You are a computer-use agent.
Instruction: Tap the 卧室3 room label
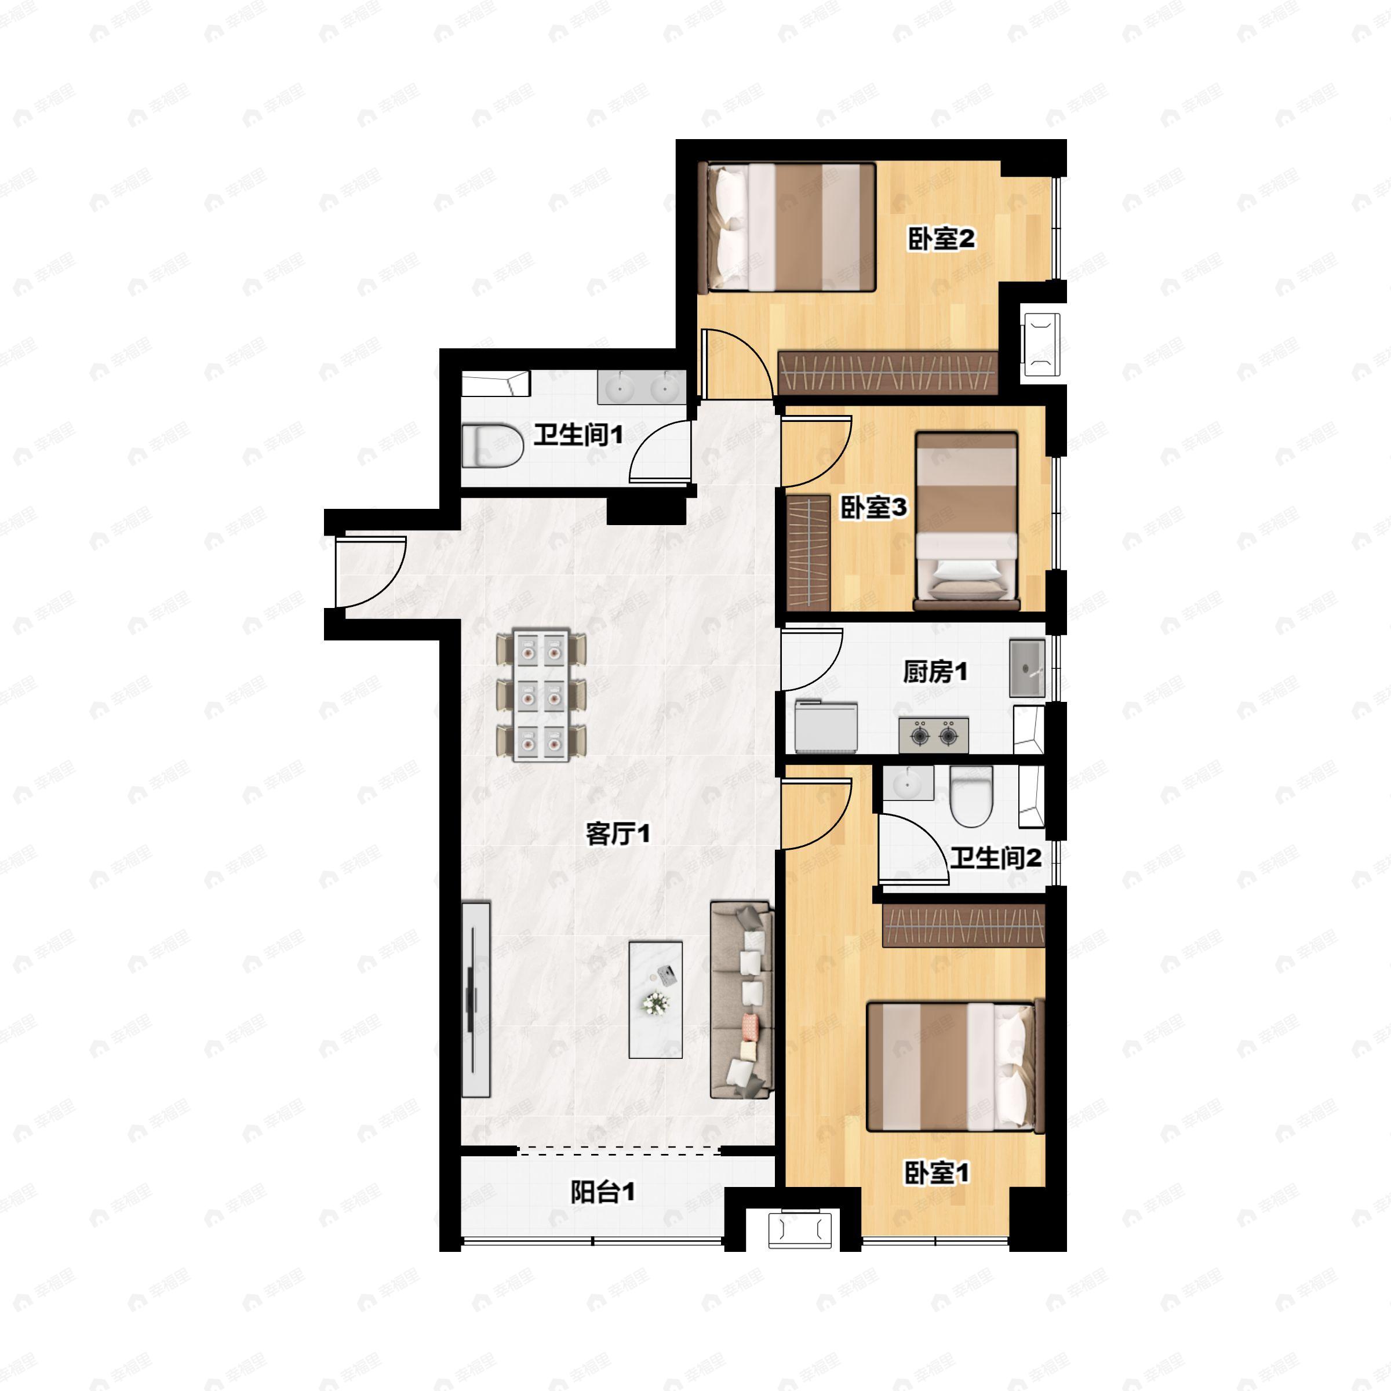point(874,508)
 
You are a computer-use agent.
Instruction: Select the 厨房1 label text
point(935,672)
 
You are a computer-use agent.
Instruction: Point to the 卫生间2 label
point(995,858)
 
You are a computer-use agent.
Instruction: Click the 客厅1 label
point(618,835)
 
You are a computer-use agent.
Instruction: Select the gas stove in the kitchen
point(933,735)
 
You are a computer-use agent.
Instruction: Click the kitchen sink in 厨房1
point(1026,668)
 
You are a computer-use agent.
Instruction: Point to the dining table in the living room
point(541,696)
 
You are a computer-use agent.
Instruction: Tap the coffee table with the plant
point(655,999)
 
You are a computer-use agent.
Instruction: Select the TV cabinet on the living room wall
point(475,999)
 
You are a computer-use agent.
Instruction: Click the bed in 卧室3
point(966,520)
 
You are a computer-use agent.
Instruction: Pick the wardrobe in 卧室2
point(889,372)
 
